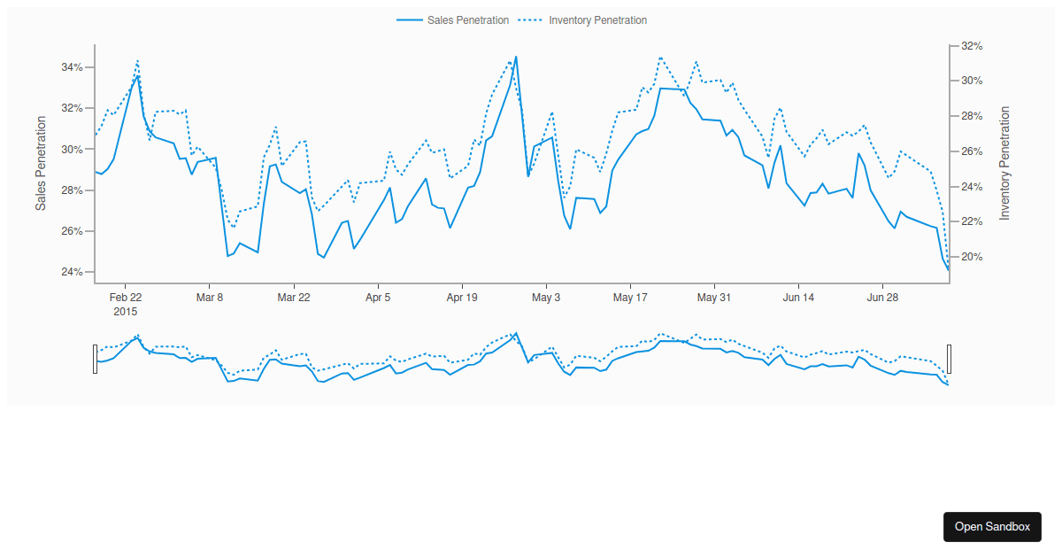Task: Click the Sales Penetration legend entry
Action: pos(453,20)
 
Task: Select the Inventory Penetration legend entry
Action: pos(583,20)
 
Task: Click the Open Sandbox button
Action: pos(992,526)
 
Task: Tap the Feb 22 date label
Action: pos(126,298)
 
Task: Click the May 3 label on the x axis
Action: pos(546,298)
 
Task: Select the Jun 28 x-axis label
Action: pos(882,298)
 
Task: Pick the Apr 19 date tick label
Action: pos(462,298)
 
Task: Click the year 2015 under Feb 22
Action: pos(126,312)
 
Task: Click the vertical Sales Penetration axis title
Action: pos(41,164)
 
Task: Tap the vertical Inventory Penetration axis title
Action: pos(1004,164)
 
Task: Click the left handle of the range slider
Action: pos(95,359)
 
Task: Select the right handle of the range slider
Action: pos(950,359)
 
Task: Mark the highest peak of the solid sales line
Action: pos(516,57)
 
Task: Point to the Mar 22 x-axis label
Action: pos(294,298)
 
